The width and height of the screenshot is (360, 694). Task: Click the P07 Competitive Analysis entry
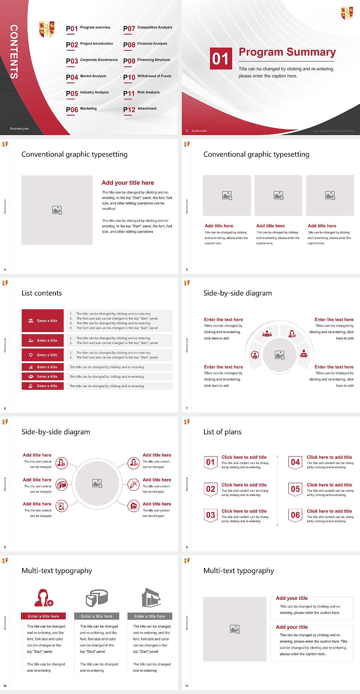pyautogui.click(x=147, y=28)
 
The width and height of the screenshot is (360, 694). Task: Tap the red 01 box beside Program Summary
pyautogui.click(x=221, y=59)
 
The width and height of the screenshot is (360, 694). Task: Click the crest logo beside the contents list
pyautogui.click(x=47, y=30)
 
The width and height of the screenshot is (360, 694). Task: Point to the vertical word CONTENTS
pyautogui.click(x=14, y=52)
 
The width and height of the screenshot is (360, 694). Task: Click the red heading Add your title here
pyautogui.click(x=127, y=183)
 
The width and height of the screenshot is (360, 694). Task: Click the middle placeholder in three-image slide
pyautogui.click(x=278, y=195)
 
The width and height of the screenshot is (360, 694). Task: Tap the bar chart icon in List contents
pyautogui.click(x=31, y=367)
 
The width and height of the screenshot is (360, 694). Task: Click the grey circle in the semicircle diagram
pyautogui.click(x=279, y=355)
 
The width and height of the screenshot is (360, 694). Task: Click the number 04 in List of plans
pyautogui.click(x=295, y=462)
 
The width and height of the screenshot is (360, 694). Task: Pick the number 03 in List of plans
pyautogui.click(x=211, y=515)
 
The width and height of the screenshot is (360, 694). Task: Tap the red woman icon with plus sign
pyautogui.click(x=43, y=598)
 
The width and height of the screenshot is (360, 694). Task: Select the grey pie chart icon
pyautogui.click(x=97, y=598)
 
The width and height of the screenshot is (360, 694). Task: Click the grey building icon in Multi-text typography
pyautogui.click(x=151, y=598)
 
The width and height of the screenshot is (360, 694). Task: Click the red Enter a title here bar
pyautogui.click(x=43, y=616)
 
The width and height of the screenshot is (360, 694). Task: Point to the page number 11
pyautogui.click(x=187, y=686)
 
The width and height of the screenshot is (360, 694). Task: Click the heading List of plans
pyautogui.click(x=222, y=432)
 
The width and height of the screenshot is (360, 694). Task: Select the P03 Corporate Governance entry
pyautogui.click(x=92, y=60)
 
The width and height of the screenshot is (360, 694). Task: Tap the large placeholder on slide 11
pyautogui.click(x=235, y=629)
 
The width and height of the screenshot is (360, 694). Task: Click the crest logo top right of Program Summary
pyautogui.click(x=347, y=13)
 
